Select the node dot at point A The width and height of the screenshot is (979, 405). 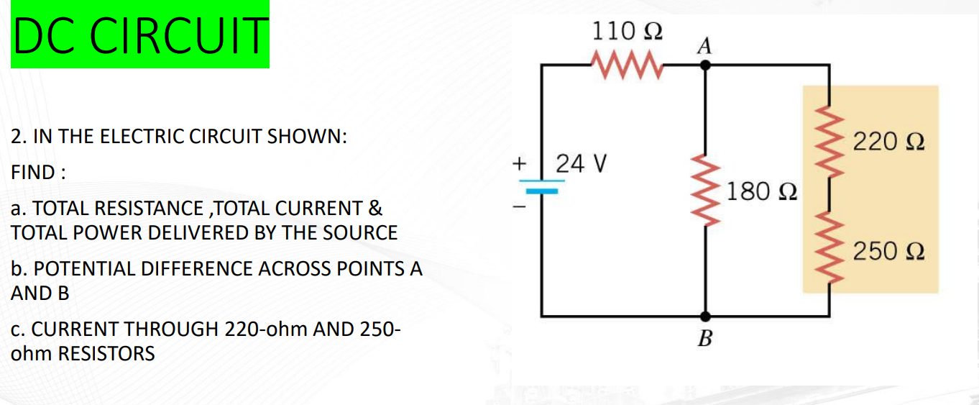tap(705, 64)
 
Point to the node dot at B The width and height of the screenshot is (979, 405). tap(705, 315)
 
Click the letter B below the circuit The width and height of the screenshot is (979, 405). tap(704, 337)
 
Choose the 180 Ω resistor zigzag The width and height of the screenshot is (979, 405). tap(705, 191)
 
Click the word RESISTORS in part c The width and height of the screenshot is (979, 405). tap(108, 354)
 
